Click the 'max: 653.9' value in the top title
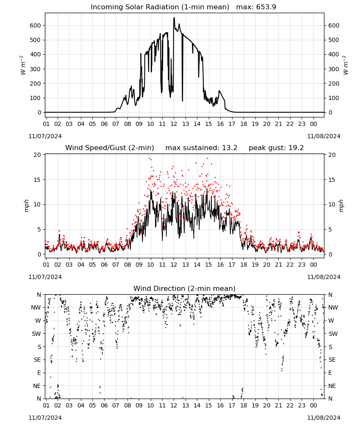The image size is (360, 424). (256, 7)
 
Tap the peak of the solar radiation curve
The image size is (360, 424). (174, 17)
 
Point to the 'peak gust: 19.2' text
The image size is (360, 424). (276, 148)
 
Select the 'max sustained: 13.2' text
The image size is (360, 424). (201, 148)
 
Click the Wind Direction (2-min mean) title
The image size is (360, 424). (185, 288)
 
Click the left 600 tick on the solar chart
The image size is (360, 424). (36, 26)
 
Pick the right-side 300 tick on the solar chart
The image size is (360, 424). (334, 69)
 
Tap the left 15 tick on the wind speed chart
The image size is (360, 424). (37, 180)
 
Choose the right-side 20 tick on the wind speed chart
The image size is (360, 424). (332, 155)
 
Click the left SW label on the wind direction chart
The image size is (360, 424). (36, 334)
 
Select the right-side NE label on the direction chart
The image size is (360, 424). (332, 386)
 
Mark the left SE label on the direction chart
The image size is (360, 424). (37, 360)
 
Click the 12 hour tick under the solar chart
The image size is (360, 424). (174, 124)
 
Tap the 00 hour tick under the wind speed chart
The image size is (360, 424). (313, 265)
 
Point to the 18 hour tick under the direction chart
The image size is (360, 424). (244, 406)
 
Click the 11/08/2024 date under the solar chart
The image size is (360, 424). (324, 136)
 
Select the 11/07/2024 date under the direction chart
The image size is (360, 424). (45, 418)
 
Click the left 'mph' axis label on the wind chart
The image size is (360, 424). (26, 206)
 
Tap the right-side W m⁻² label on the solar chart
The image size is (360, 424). (346, 65)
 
